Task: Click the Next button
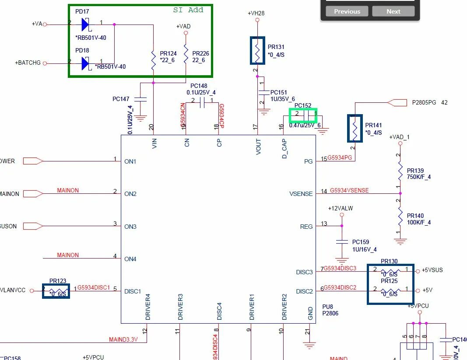pyautogui.click(x=393, y=11)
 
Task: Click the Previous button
pyautogui.click(x=347, y=11)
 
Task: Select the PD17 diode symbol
pyautogui.click(x=85, y=24)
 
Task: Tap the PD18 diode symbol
pyautogui.click(x=85, y=64)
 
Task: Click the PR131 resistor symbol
pyautogui.click(x=257, y=51)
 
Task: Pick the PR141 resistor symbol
pyautogui.click(x=355, y=128)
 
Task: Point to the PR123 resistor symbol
pyautogui.click(x=56, y=291)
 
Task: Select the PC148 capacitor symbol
pyautogui.click(x=202, y=103)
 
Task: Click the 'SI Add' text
pyautogui.click(x=188, y=10)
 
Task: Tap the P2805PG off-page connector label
pyautogui.click(x=424, y=102)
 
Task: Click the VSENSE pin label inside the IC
pyautogui.click(x=301, y=193)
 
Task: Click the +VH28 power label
pyautogui.click(x=256, y=13)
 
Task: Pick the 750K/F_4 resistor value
pyautogui.click(x=419, y=177)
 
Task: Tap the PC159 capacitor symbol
pyautogui.click(x=341, y=242)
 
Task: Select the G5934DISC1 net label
pyautogui.click(x=94, y=287)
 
